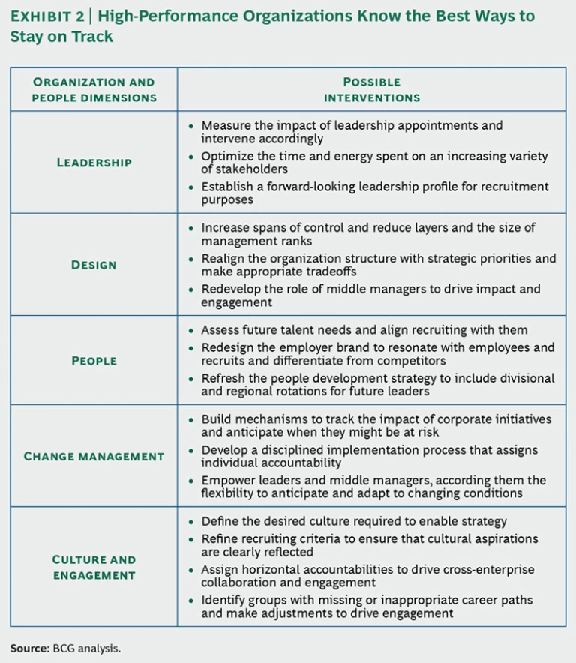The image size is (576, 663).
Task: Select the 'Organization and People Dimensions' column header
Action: (94, 89)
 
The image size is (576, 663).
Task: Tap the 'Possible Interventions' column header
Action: (371, 89)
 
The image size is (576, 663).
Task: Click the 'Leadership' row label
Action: (94, 162)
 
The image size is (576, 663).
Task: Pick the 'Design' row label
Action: (94, 264)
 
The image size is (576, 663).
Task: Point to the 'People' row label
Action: (94, 360)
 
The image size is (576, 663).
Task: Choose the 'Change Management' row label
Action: (94, 456)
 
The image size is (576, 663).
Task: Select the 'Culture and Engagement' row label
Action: (94, 567)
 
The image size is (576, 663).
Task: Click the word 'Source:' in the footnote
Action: (29, 647)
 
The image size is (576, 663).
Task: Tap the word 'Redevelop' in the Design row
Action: (232, 289)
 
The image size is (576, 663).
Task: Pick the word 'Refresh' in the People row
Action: (223, 378)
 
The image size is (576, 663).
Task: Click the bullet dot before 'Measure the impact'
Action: (190, 126)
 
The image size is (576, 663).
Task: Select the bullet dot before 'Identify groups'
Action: (190, 600)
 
